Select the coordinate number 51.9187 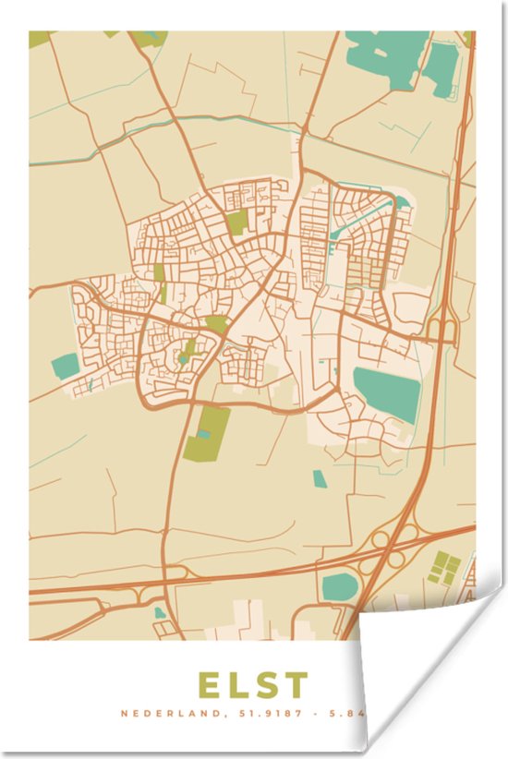(x=269, y=714)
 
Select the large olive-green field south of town (x=206, y=433)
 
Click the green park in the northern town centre (x=237, y=223)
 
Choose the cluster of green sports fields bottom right (x=444, y=567)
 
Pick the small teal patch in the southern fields (x=319, y=478)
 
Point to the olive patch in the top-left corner (x=40, y=39)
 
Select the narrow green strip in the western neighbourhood (x=160, y=281)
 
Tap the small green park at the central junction (x=216, y=323)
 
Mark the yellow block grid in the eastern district (x=367, y=271)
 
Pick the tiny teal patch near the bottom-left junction (x=160, y=612)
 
